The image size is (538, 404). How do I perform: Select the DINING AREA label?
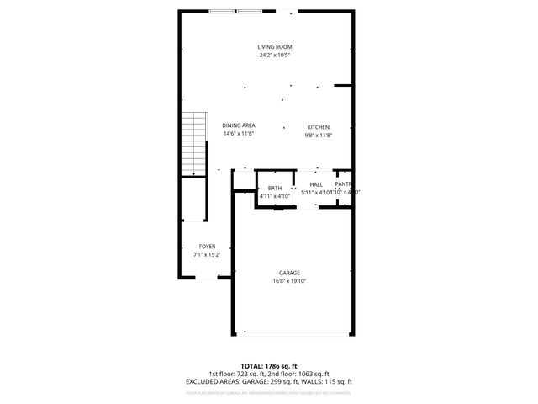pos(239,125)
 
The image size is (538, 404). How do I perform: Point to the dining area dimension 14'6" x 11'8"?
pos(239,134)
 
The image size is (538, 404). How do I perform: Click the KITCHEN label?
pos(318,126)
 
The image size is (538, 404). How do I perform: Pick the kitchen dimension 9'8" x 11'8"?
pos(318,135)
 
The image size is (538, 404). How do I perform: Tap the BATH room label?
pos(275,188)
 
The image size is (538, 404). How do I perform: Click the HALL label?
pos(316,184)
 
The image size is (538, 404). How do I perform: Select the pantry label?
pos(343,184)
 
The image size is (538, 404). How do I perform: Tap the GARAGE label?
pos(290,273)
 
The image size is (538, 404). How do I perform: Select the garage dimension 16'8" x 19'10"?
pos(290,281)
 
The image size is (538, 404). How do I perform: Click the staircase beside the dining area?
pos(194,144)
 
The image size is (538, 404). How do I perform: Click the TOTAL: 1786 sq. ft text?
pos(268,366)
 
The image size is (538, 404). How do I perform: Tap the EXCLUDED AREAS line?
pos(268,381)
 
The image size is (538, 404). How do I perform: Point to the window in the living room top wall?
pos(236,11)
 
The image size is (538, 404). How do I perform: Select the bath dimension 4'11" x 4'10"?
pos(275,196)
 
